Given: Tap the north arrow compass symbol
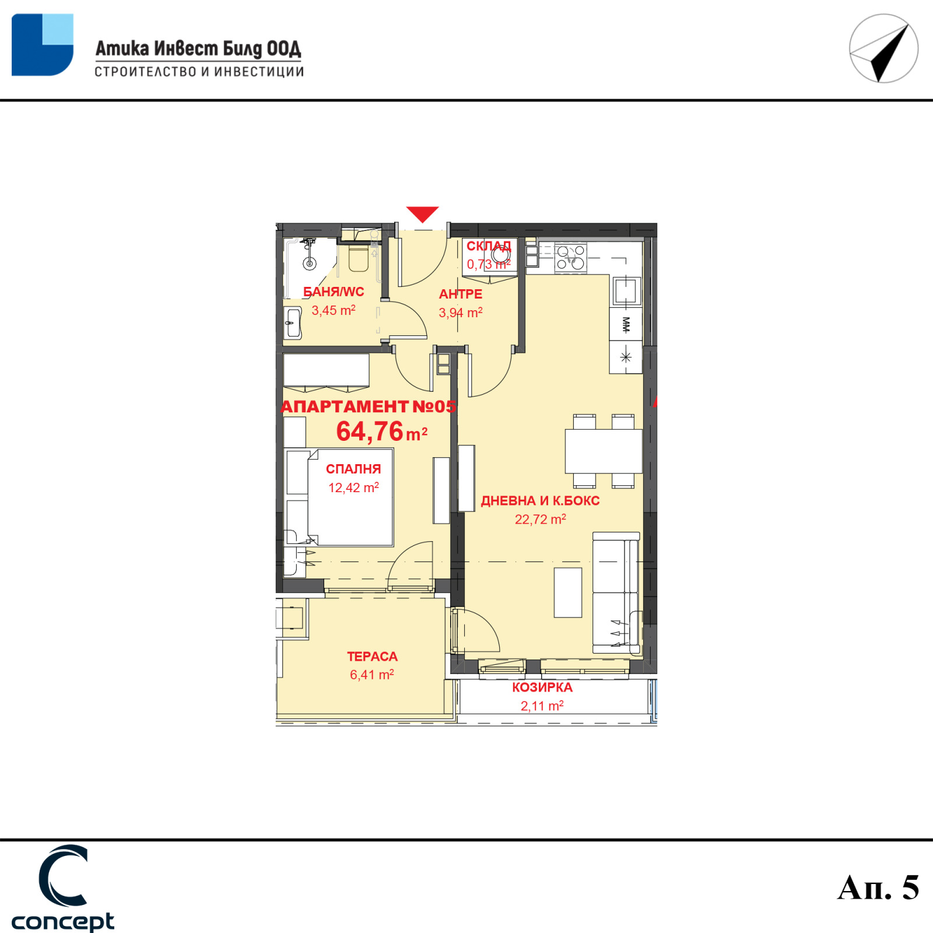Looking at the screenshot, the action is [883, 48].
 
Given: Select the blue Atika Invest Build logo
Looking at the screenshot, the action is [43, 45].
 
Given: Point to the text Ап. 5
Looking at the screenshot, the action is [878, 888].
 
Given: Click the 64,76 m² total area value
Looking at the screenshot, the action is [382, 432].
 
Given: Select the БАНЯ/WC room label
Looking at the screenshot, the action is [334, 292].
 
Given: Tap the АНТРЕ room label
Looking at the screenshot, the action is [461, 294].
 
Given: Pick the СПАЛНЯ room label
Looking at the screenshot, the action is [353, 469].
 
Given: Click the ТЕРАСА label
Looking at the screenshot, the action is [372, 657].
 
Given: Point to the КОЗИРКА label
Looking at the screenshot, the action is [542, 688].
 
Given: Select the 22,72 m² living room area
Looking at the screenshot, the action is [540, 519].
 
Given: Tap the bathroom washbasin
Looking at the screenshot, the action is [293, 322].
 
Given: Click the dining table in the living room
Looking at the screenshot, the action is [604, 451].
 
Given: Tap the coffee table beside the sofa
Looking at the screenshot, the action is [568, 592].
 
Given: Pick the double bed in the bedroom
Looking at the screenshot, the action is [339, 497].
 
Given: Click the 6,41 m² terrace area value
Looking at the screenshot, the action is [372, 675].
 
